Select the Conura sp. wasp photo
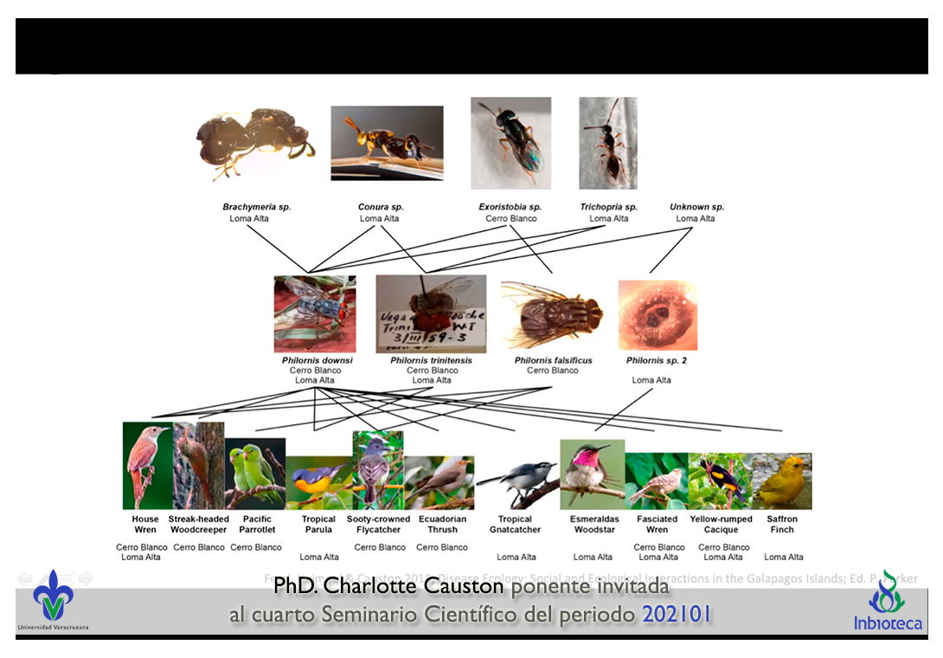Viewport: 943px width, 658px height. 387,143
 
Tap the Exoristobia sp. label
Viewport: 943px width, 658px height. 510,207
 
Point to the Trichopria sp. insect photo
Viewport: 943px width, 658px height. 607,143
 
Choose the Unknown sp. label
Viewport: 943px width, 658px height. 696,207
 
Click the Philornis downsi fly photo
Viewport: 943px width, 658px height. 314,313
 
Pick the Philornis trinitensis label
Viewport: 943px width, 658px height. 431,360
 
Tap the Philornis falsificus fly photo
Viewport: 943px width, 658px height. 552,315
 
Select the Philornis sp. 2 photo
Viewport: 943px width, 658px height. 658,315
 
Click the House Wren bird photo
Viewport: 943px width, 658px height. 147,466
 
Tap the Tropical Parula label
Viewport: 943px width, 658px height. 318,525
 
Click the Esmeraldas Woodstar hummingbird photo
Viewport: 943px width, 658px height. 592,474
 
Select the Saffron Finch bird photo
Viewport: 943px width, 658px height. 781,481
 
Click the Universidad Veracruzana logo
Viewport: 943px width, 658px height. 53,598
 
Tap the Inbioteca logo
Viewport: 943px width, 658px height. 888,602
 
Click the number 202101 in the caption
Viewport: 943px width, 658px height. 677,615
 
